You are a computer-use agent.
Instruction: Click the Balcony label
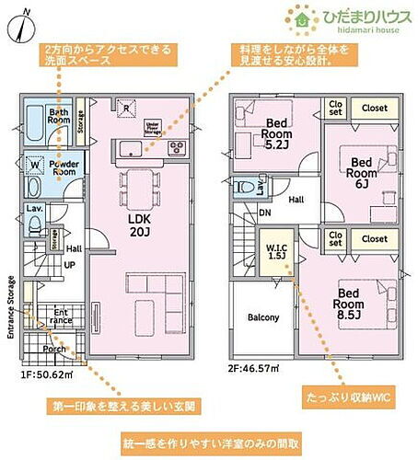pyautogui.click(x=263, y=317)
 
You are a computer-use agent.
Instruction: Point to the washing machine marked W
pyautogui.click(x=34, y=167)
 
